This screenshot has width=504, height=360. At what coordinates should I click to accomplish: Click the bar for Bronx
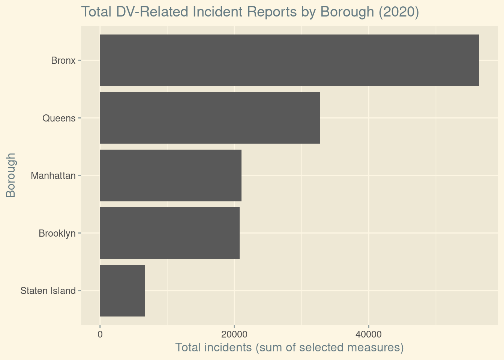point(289,60)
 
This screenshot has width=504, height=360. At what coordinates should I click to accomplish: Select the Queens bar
point(210,118)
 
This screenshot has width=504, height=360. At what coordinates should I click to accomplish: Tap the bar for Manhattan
point(171,175)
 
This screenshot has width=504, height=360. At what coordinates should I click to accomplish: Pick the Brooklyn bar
point(169,233)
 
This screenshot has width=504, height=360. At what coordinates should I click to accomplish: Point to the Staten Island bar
point(122,291)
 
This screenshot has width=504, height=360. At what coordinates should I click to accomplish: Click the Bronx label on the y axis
point(63,60)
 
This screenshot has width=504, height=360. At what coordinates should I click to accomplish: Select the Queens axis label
point(59,118)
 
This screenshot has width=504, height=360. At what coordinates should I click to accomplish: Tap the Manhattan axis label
point(53,175)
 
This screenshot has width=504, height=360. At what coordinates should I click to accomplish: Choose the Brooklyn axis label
point(57,233)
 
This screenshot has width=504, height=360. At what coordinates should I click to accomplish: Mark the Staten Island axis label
point(48,291)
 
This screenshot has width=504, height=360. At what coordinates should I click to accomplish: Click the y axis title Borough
point(11,175)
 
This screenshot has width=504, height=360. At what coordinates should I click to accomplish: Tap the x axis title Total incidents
point(289,348)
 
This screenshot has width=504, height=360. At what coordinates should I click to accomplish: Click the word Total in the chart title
point(95,12)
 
